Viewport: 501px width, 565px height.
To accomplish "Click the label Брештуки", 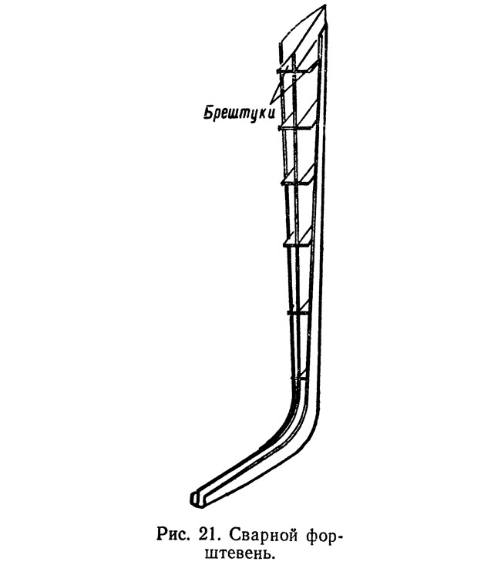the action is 240,113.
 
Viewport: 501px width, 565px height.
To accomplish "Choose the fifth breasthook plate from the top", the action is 298,307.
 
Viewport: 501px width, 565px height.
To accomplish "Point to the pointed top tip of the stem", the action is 325,5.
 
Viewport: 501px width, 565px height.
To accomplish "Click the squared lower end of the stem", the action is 197,500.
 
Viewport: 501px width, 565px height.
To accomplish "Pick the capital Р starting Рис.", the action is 161,532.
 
